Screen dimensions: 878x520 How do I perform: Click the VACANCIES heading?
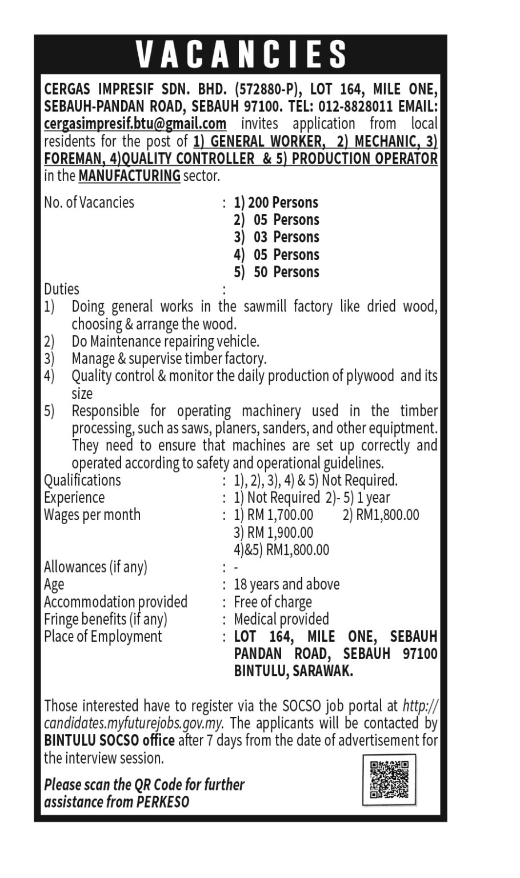coord(241,55)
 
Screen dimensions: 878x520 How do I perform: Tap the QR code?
coord(389,779)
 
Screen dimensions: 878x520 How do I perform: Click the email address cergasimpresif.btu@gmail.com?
coord(135,123)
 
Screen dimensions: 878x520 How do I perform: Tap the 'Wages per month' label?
coord(92,514)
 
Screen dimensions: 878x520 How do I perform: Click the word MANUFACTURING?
coord(129,175)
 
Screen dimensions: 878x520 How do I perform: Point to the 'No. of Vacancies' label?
coord(89,202)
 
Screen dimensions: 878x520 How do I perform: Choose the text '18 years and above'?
coord(287,584)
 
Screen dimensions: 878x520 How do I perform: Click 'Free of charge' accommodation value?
coord(273,602)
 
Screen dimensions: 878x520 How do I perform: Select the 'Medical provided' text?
coord(282,619)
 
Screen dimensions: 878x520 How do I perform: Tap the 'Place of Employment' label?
coord(103,636)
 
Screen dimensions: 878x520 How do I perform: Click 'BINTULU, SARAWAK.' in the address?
coord(294,671)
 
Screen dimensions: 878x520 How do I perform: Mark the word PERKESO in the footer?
coord(163,802)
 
